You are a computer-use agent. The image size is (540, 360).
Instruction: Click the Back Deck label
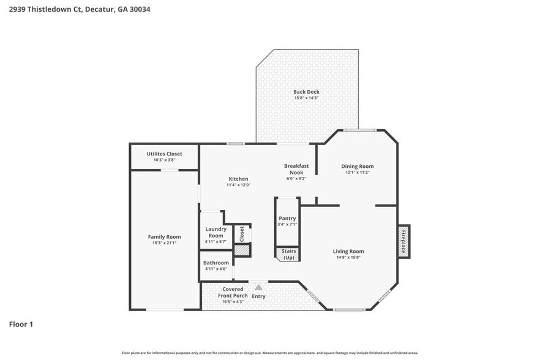tap(306, 92)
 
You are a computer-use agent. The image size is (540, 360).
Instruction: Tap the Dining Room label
tap(357, 166)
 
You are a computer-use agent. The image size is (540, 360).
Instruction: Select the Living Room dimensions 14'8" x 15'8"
tap(348, 258)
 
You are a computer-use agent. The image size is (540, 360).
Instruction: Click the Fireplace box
tap(403, 241)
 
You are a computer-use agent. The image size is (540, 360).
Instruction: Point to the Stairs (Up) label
tap(287, 254)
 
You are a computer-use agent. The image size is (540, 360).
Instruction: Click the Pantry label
tap(287, 218)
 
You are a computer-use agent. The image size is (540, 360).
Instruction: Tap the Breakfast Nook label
tap(296, 169)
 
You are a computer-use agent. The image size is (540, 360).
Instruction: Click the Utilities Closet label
tap(164, 154)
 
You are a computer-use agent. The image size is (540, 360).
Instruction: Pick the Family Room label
tap(164, 236)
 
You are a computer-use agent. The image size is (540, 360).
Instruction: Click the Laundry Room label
tap(216, 232)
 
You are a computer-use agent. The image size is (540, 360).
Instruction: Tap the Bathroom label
tap(216, 263)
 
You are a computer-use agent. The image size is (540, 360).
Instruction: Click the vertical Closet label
tap(242, 233)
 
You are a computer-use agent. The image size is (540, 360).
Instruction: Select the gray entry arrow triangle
tap(259, 287)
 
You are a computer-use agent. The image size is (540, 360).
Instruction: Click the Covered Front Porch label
tap(233, 292)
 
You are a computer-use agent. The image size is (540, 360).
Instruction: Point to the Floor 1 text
tap(21, 324)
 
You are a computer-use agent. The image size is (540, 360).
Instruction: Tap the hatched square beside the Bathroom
tap(242, 250)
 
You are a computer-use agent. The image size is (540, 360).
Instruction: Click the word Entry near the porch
tap(259, 296)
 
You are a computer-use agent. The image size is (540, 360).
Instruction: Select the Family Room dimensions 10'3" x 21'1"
tap(164, 243)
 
